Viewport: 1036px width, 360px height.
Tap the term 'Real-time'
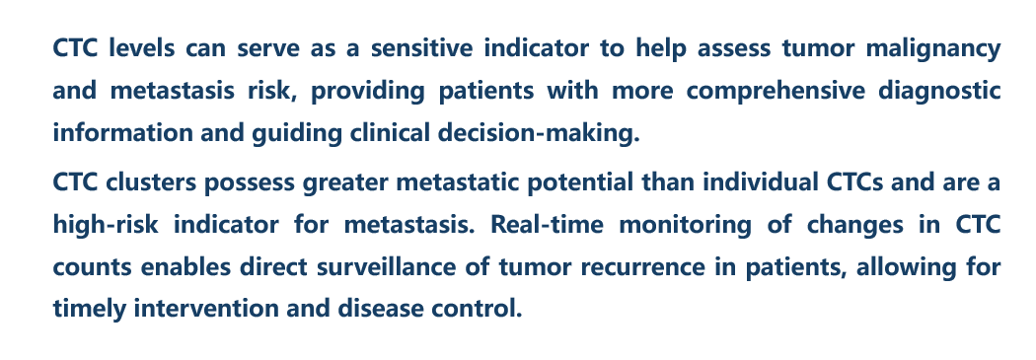547,225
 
